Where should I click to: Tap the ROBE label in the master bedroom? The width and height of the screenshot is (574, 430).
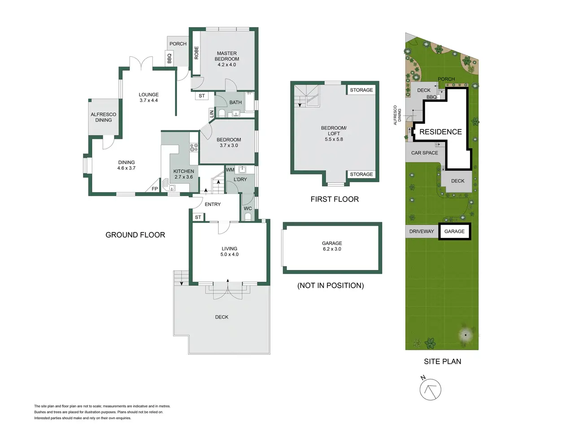[196, 53]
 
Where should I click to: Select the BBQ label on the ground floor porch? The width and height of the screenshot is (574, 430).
[169, 58]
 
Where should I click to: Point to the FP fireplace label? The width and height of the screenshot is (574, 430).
[155, 189]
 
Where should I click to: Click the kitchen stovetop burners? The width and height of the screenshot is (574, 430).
[194, 147]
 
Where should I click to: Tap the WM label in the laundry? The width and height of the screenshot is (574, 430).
[230, 170]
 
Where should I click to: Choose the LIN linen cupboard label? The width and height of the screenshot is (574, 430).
[212, 114]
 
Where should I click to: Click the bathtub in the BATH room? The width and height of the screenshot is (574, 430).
[249, 102]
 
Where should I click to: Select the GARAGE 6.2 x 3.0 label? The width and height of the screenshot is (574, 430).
[332, 246]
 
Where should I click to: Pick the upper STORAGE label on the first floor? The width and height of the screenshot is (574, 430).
[361, 90]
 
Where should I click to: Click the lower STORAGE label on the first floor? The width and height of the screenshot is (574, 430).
[361, 174]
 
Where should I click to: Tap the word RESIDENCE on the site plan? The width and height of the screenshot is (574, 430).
[441, 132]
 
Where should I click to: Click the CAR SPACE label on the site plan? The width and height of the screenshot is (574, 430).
[424, 153]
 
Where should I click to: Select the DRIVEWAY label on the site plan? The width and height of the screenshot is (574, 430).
[422, 231]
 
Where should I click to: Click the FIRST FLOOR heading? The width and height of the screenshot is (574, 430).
[335, 199]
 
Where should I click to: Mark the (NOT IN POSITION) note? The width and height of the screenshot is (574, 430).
[330, 285]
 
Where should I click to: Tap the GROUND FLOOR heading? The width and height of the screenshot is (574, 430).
[135, 235]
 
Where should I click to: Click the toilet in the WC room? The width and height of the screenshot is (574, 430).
[248, 217]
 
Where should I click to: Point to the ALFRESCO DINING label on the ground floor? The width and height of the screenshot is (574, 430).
[104, 117]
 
